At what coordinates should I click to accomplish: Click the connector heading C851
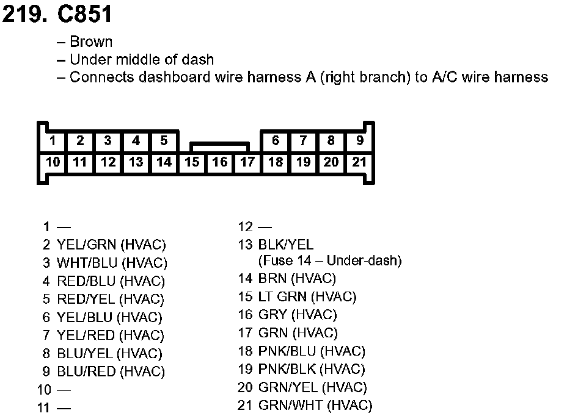pyautogui.click(x=85, y=15)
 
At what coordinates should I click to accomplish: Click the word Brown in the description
pyautogui.click(x=91, y=42)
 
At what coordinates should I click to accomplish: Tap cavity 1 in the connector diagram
pyautogui.click(x=53, y=142)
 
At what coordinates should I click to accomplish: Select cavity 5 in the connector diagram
pyautogui.click(x=164, y=142)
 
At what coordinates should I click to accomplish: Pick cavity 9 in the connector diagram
pyautogui.click(x=359, y=142)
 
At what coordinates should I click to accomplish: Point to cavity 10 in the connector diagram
pyautogui.click(x=53, y=162)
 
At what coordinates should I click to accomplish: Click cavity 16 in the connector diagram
pyautogui.click(x=220, y=162)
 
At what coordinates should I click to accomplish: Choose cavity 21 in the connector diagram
pyautogui.click(x=359, y=162)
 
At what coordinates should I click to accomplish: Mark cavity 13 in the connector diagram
pyautogui.click(x=136, y=162)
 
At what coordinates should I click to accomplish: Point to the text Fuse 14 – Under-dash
pyautogui.click(x=329, y=261)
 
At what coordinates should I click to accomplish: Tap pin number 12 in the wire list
pyautogui.click(x=245, y=227)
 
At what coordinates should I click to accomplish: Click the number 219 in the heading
pyautogui.click(x=24, y=15)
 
